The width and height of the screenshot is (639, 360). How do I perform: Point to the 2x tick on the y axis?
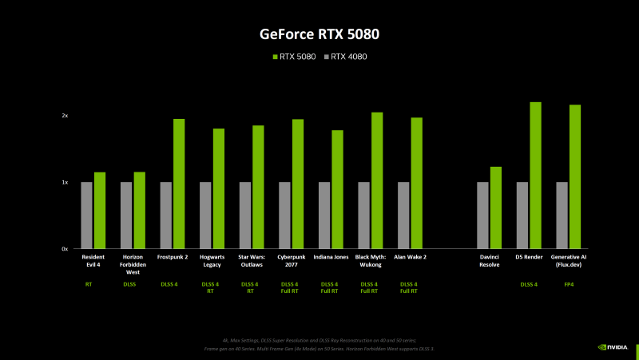click(x=65, y=116)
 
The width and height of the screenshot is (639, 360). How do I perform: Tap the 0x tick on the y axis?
click(x=65, y=249)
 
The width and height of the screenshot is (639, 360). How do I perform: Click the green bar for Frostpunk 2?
click(x=179, y=184)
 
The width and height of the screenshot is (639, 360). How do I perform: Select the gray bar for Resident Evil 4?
click(x=86, y=216)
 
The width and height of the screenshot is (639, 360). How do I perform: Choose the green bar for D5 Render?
click(x=535, y=176)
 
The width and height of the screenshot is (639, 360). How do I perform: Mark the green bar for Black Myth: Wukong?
click(x=377, y=180)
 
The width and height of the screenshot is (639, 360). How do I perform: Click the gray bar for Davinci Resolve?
click(x=482, y=216)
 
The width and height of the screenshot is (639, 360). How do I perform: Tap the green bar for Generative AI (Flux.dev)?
click(x=575, y=176)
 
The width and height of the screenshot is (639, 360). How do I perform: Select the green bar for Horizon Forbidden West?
click(x=140, y=210)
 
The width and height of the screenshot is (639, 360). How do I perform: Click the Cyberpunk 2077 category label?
click(x=290, y=260)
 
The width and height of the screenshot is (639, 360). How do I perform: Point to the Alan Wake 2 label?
click(x=410, y=257)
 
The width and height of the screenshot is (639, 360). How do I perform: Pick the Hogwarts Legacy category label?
click(x=211, y=260)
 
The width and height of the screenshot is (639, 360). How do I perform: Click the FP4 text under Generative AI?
click(x=570, y=284)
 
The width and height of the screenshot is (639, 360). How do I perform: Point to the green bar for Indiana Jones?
click(x=337, y=189)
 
